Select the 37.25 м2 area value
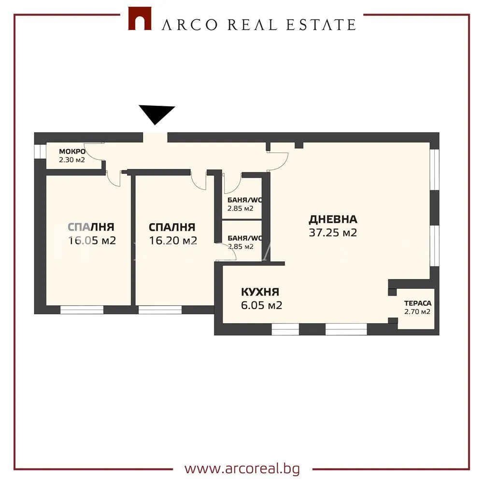[x=333, y=233]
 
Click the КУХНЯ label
[x=260, y=292]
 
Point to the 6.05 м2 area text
[x=261, y=305]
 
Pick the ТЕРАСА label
[x=418, y=303]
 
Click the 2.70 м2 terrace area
[x=417, y=312]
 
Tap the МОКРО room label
[x=72, y=152]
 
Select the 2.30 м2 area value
[x=72, y=160]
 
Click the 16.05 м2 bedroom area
[x=92, y=240]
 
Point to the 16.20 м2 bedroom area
[x=173, y=240]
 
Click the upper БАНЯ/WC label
[x=245, y=199]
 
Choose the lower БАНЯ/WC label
[x=245, y=238]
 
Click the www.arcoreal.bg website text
[x=242, y=469]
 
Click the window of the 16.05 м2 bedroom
[x=82, y=310]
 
